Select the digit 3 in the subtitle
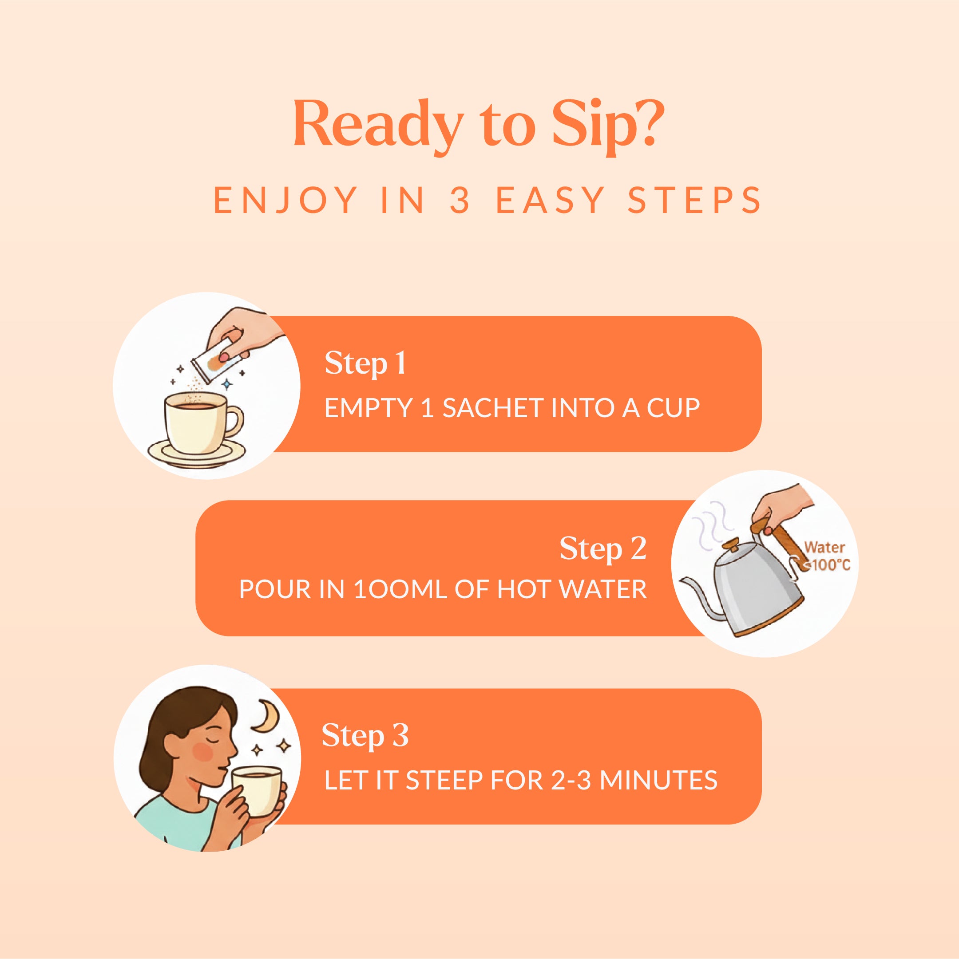pyautogui.click(x=460, y=200)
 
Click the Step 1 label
pyautogui.click(x=365, y=363)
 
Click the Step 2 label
pyautogui.click(x=602, y=549)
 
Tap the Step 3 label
pyautogui.click(x=365, y=735)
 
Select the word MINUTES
pyautogui.click(x=658, y=780)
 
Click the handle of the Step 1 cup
pyautogui.click(x=235, y=421)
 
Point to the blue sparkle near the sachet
pyautogui.click(x=227, y=384)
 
